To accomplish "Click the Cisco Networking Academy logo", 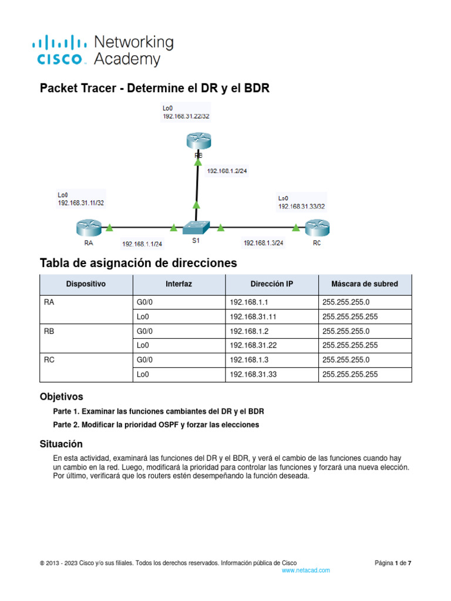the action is pyautogui.click(x=102, y=50).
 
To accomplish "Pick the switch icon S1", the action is pyautogui.click(x=196, y=227).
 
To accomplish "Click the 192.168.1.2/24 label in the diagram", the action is pyautogui.click(x=227, y=172).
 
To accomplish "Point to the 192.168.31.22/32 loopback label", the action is pyautogui.click(x=186, y=116).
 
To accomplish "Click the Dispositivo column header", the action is pyautogui.click(x=86, y=284).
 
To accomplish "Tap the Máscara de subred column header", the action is pyautogui.click(x=364, y=284).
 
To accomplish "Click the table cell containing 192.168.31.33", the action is pyautogui.click(x=253, y=374).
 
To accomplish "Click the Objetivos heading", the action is pyautogui.click(x=61, y=397).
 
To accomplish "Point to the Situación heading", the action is pyautogui.click(x=61, y=444).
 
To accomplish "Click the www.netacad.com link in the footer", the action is pyautogui.click(x=305, y=570).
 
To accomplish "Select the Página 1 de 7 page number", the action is pyautogui.click(x=393, y=563).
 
